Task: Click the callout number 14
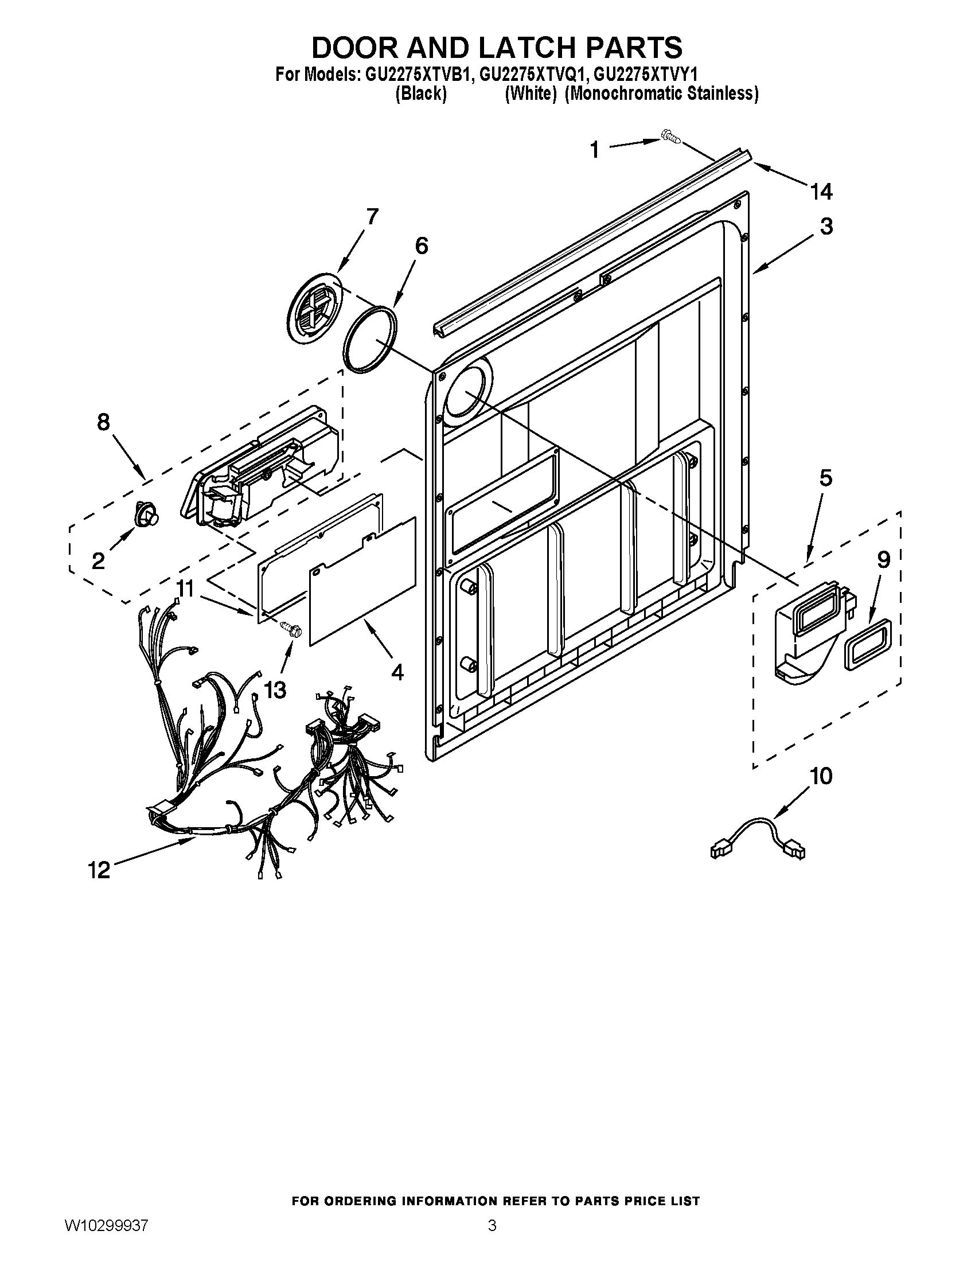pos(821,191)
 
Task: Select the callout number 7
pos(372,217)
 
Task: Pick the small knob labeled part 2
pos(146,515)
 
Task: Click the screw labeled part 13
pos(290,628)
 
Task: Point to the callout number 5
pos(826,478)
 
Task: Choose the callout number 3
pos(826,226)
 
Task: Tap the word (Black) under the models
pos(420,94)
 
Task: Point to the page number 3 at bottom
pos(492,1239)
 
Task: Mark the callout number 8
pos(103,422)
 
